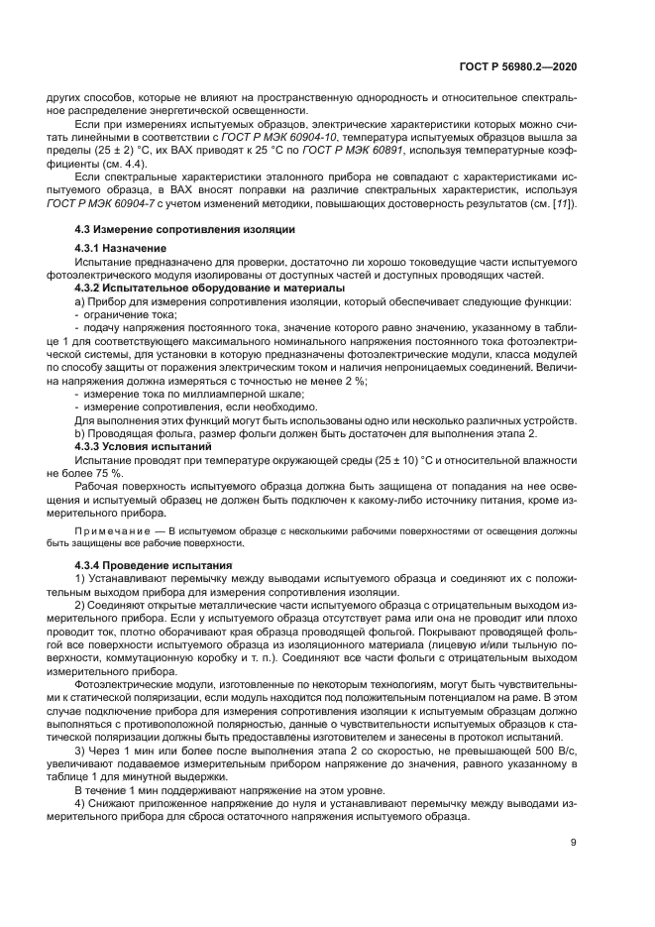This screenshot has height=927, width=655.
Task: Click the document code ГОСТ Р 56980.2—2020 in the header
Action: pyautogui.click(x=518, y=66)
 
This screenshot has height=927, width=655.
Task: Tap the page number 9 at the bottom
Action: pyautogui.click(x=574, y=843)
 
